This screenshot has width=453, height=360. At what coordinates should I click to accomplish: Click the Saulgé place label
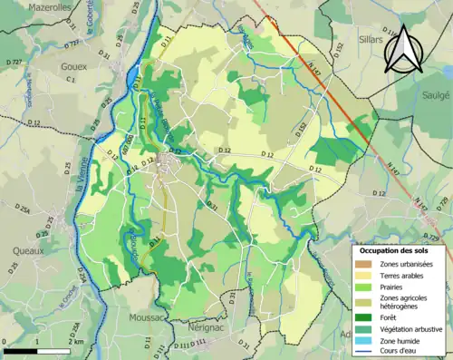pyautogui.click(x=434, y=93)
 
